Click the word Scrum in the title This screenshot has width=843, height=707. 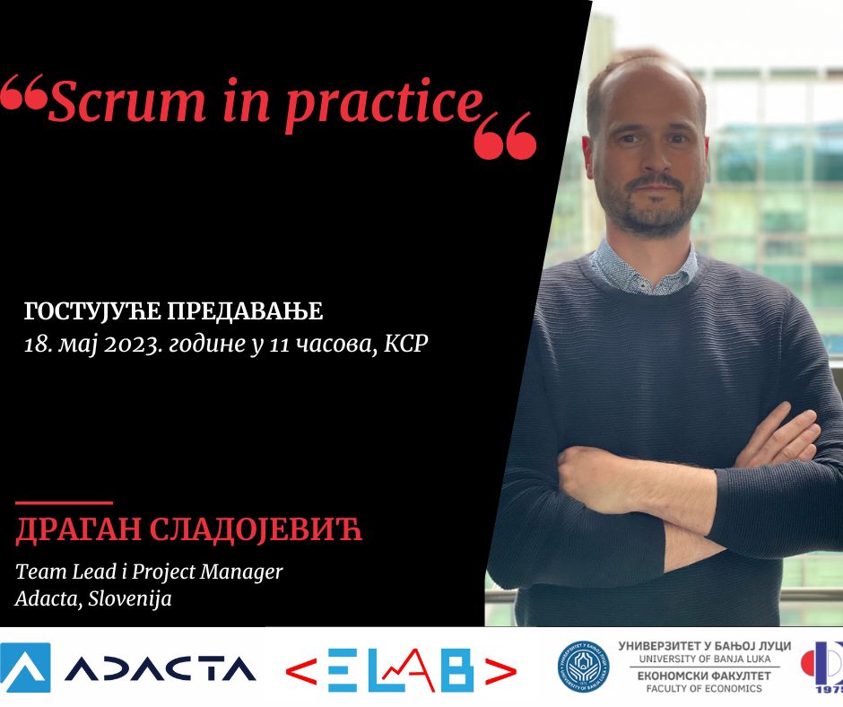tap(126, 101)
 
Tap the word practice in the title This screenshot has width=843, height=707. tap(384, 105)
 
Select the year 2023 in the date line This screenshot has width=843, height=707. tap(134, 344)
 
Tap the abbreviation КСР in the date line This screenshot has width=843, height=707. tap(406, 344)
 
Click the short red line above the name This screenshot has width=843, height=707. tap(64, 503)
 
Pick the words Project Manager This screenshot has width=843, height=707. tap(207, 572)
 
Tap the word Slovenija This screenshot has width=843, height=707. tap(130, 598)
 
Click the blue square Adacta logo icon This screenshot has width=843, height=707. tap(25, 668)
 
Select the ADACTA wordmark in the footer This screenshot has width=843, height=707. tap(161, 668)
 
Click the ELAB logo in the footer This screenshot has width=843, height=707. tap(401, 670)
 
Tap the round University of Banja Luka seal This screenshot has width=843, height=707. tap(583, 667)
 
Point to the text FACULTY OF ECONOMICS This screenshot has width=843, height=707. tap(704, 688)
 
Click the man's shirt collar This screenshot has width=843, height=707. tap(645, 265)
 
